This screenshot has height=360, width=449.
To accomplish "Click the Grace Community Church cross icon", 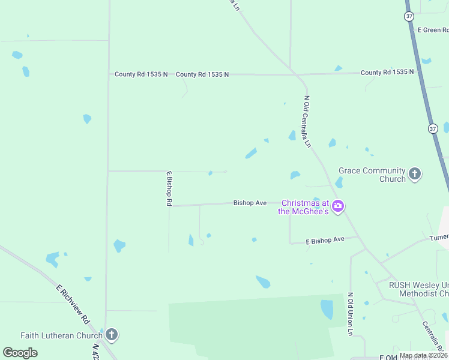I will pyautogui.click(x=414, y=175).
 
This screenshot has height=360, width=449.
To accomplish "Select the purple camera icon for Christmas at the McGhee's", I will pyautogui.click(x=338, y=206).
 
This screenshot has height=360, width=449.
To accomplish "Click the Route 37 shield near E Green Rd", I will pyautogui.click(x=409, y=16).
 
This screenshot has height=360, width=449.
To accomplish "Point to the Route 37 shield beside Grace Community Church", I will pyautogui.click(x=433, y=128).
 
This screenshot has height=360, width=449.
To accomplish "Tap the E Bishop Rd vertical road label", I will pyautogui.click(x=169, y=188).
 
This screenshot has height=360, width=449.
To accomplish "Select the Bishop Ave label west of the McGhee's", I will pyautogui.click(x=250, y=203).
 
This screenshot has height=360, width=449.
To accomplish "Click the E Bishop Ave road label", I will pyautogui.click(x=325, y=240).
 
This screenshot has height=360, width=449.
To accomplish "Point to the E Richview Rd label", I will pyautogui.click(x=73, y=304).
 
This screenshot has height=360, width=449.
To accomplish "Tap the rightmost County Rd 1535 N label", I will pyautogui.click(x=387, y=72).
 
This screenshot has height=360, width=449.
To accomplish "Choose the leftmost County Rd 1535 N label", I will pyautogui.click(x=141, y=74).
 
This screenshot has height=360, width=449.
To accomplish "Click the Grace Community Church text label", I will pyautogui.click(x=372, y=175).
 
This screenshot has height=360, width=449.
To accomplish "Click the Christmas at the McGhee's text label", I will pyautogui.click(x=304, y=207).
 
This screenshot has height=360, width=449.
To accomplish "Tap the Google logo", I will pyautogui.click(x=20, y=353).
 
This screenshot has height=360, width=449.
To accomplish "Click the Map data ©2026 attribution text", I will pyautogui.click(x=423, y=356).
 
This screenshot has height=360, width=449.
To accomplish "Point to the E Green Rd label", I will pyautogui.click(x=433, y=30).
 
